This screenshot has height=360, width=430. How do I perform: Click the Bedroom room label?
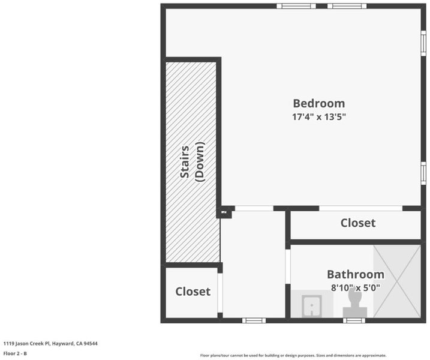tap(319, 103)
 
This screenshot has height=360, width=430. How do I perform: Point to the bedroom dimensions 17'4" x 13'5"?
tap(319, 117)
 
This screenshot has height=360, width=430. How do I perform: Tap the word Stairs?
tap(185, 161)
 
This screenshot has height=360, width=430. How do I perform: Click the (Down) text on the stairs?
tap(200, 161)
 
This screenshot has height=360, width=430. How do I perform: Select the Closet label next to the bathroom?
tap(358, 223)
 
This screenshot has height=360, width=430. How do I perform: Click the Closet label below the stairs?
tap(193, 292)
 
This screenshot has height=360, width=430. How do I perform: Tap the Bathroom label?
tap(356, 274)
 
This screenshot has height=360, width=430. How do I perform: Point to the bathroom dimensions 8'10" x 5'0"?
tap(356, 287)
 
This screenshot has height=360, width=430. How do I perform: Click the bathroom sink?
tap(312, 306)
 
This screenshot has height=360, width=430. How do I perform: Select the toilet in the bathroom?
tap(355, 304)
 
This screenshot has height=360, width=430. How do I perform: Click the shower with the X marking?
tap(397, 281)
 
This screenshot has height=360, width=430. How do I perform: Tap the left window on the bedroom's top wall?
tap(296, 6)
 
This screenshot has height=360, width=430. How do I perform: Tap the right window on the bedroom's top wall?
tap(347, 6)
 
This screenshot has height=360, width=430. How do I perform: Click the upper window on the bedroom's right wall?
tap(423, 43)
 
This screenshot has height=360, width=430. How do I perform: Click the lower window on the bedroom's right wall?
tap(423, 173)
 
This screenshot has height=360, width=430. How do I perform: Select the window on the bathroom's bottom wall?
tap(354, 320)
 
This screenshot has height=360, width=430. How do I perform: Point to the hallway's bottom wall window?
tap(254, 320)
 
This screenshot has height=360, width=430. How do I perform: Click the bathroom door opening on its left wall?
tap(288, 266)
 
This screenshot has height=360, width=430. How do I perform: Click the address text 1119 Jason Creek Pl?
tap(26, 344)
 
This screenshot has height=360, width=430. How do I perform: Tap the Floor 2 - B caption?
tap(15, 353)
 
